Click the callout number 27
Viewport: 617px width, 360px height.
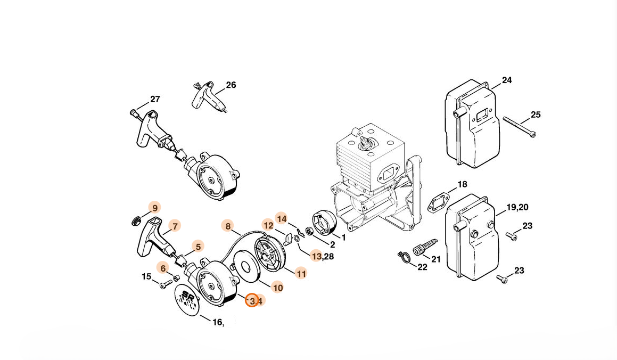tap(155, 99)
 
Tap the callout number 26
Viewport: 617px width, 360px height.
tap(231, 85)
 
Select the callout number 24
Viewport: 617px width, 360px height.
tap(507, 80)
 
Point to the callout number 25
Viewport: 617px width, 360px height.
tap(536, 114)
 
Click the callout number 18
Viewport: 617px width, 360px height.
tap(463, 184)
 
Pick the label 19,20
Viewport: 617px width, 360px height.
tap(517, 207)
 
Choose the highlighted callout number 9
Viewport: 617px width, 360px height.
tap(154, 208)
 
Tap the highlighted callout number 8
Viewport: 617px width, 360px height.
tap(228, 226)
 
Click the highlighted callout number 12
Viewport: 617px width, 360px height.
tap(268, 225)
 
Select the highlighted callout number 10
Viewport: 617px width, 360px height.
tap(278, 288)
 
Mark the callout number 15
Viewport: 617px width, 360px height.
tap(146, 276)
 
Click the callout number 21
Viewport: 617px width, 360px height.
tap(435, 259)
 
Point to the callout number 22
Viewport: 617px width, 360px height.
tap(422, 267)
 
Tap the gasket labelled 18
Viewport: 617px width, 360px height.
tap(439, 202)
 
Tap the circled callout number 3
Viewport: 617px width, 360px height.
tap(252, 301)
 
